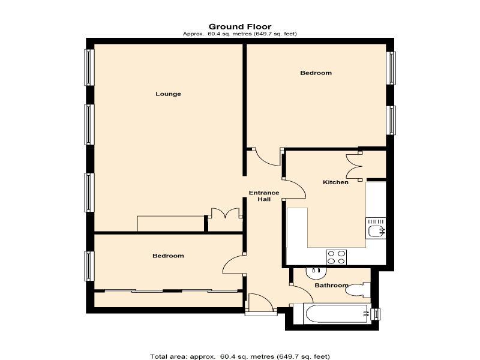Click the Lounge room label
[x=168, y=94]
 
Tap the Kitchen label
[x=335, y=182]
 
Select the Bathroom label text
[x=332, y=286]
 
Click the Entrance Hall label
[x=264, y=196]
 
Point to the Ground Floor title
[x=240, y=26]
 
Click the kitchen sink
[x=376, y=229]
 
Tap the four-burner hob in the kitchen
[x=336, y=257]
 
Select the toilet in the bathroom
[x=358, y=290]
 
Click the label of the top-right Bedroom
[x=316, y=73]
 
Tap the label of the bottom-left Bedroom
[x=168, y=256]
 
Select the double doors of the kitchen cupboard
[x=354, y=166]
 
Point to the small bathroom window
[x=376, y=314]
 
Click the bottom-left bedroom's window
[x=89, y=266]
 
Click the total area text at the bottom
[x=240, y=356]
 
